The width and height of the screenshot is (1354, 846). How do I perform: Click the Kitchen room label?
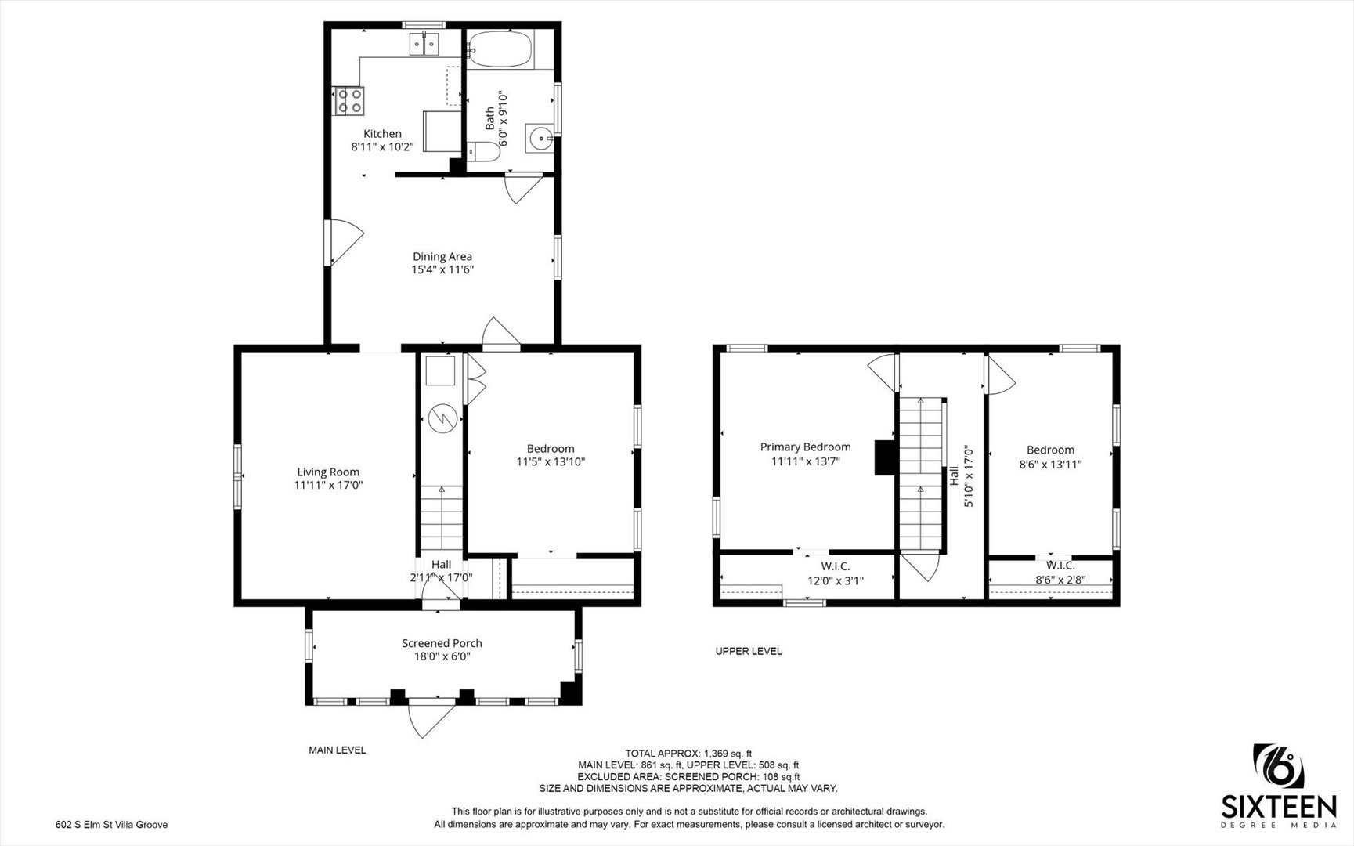pyautogui.click(x=382, y=134)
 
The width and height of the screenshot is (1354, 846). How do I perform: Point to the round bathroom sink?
pyautogui.click(x=540, y=139)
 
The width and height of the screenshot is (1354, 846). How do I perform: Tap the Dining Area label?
pyautogui.click(x=442, y=256)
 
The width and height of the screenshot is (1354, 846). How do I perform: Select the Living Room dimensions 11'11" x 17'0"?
pyautogui.click(x=328, y=486)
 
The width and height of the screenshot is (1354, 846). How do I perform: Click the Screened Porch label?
pyautogui.click(x=442, y=643)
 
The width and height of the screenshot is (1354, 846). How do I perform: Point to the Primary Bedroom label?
pyautogui.click(x=805, y=447)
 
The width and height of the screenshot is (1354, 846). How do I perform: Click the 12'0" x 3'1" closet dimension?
pyautogui.click(x=835, y=581)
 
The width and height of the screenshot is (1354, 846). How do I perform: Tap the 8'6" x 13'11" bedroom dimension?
pyautogui.click(x=1050, y=464)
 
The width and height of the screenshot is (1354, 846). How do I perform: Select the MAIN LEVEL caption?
pyautogui.click(x=337, y=750)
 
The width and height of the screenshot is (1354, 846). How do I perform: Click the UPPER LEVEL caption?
pyautogui.click(x=749, y=651)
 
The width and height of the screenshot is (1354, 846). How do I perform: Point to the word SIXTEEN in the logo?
pyautogui.click(x=1279, y=807)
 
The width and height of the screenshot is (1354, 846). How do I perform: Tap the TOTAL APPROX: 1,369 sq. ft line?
pyautogui.click(x=688, y=754)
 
